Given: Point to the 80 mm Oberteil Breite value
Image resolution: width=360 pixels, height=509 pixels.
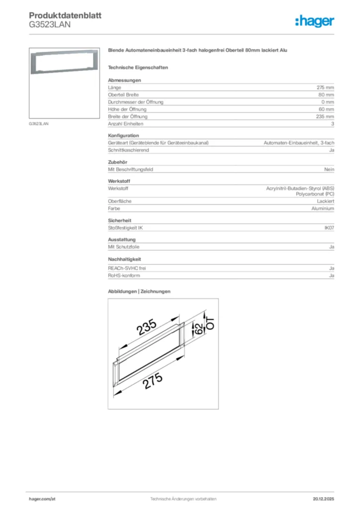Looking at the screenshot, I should [326, 94].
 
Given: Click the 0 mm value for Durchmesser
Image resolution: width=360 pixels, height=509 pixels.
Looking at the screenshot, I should [327, 102].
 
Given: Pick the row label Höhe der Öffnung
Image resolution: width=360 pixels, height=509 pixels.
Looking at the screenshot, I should [127, 109].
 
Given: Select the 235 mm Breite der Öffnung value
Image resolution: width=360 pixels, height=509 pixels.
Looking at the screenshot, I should [325, 116].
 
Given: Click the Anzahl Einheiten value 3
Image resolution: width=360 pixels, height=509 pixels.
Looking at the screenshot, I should [333, 124].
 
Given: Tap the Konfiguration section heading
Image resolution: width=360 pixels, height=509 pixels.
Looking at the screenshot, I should [123, 136].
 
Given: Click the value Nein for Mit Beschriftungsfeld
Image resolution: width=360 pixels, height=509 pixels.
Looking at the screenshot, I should [329, 170].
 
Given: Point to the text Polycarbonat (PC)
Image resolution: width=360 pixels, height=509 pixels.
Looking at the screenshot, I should [315, 194].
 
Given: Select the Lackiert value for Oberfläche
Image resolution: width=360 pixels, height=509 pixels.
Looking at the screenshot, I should [326, 201].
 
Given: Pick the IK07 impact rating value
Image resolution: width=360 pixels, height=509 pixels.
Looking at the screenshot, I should [329, 228].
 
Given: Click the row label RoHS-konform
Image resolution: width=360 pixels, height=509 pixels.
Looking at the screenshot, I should [124, 275].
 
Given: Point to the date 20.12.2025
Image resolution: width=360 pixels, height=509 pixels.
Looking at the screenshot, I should [323, 499].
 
